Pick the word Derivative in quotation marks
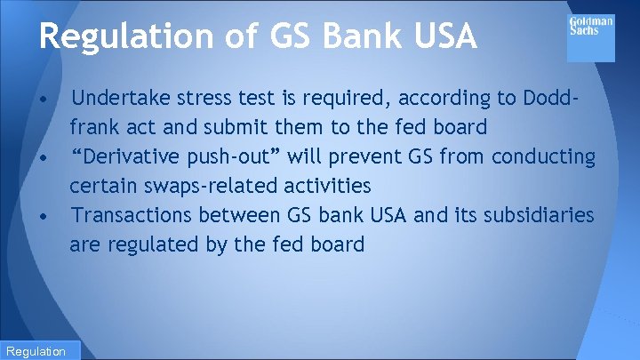(135, 156)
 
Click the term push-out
(234, 156)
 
